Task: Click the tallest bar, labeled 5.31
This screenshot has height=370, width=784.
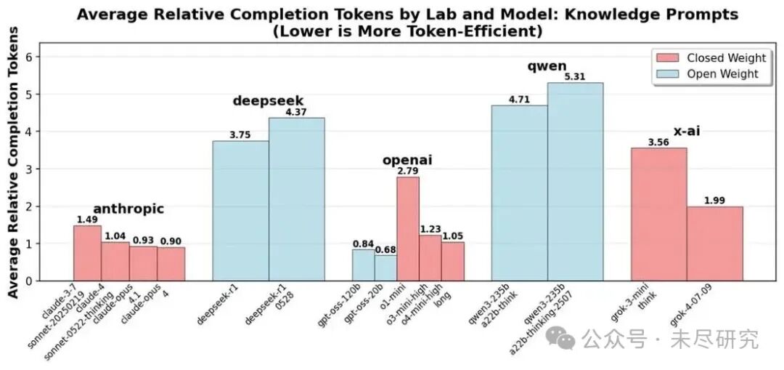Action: pyautogui.click(x=575, y=182)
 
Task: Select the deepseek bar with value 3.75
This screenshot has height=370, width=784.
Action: pyautogui.click(x=240, y=211)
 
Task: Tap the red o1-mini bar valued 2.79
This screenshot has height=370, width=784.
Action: pyautogui.click(x=408, y=229)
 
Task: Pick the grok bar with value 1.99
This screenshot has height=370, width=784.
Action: pyautogui.click(x=714, y=244)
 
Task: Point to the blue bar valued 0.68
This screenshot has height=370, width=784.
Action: pyautogui.click(x=386, y=268)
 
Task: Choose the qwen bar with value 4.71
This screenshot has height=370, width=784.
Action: pyautogui.click(x=519, y=193)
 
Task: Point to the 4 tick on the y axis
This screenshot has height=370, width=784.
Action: pyautogui.click(x=30, y=132)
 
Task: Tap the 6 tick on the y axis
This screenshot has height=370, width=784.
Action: pyautogui.click(x=30, y=57)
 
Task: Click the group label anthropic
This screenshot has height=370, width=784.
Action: pyautogui.click(x=128, y=209)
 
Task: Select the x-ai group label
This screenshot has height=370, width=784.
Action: pyautogui.click(x=686, y=132)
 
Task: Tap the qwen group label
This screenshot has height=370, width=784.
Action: pyautogui.click(x=547, y=67)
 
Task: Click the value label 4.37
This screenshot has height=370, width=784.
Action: pyautogui.click(x=297, y=111)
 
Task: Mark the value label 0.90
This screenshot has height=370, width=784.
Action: pyautogui.click(x=171, y=241)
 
